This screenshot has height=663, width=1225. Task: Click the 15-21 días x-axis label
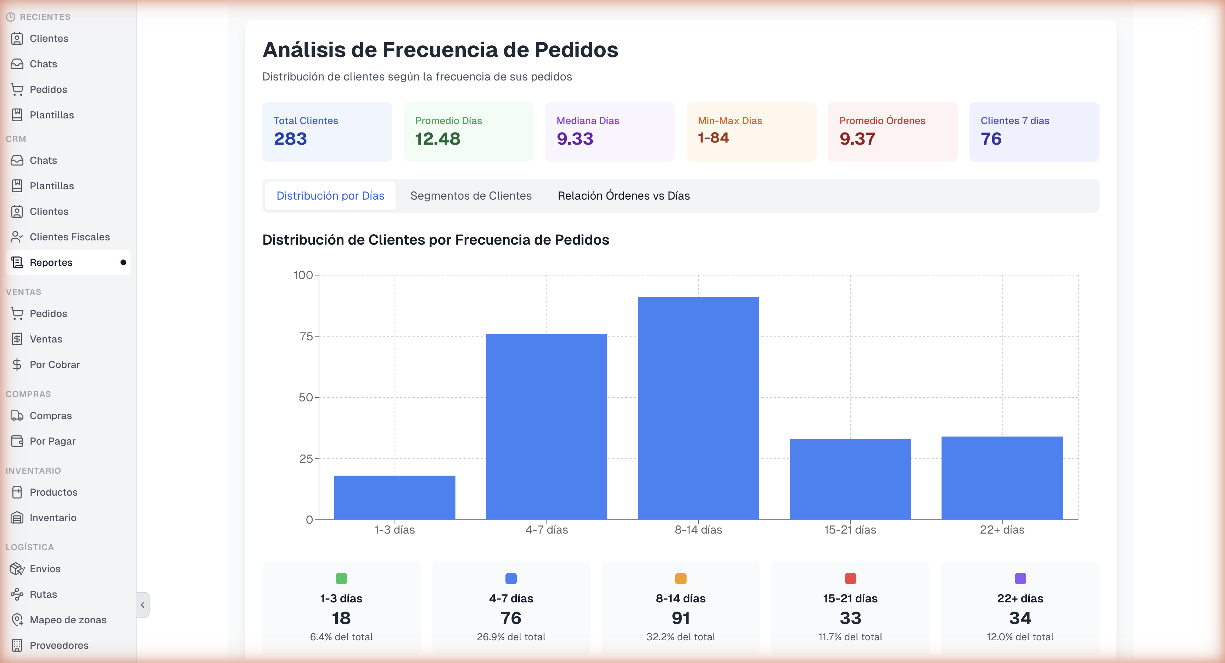click(850, 530)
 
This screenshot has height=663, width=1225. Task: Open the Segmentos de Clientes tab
click(471, 195)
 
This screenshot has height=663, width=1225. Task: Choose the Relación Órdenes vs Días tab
click(623, 195)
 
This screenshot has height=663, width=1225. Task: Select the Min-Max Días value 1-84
click(713, 138)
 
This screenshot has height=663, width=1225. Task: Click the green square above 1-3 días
click(341, 578)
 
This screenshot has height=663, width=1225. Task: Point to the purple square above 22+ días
click(1020, 578)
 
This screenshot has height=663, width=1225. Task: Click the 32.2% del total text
click(681, 637)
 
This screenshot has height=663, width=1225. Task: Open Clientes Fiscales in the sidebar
click(69, 237)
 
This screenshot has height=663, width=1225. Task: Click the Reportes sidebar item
click(51, 262)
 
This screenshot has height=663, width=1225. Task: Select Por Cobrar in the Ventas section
click(55, 365)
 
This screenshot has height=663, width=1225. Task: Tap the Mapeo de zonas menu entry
click(68, 620)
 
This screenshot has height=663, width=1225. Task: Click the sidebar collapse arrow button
click(142, 605)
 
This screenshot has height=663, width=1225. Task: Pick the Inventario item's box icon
click(17, 518)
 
